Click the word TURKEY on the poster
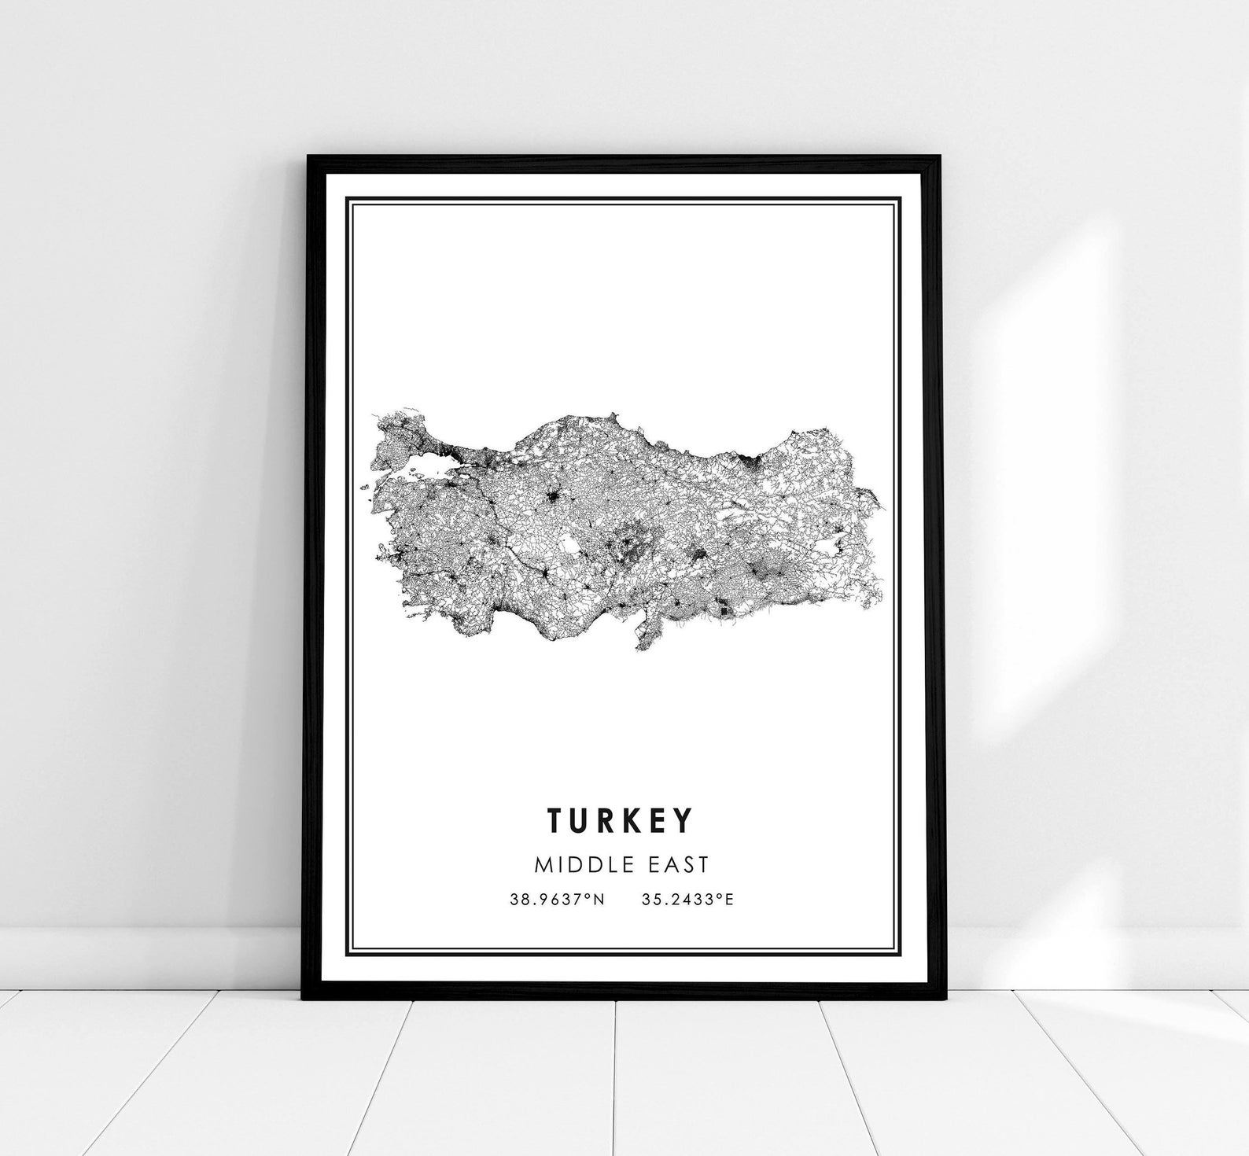click(621, 819)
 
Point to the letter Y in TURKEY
click(684, 819)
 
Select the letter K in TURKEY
click(634, 819)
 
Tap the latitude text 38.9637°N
click(557, 900)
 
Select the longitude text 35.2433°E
click(687, 900)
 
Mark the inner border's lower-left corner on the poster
click(351, 952)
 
